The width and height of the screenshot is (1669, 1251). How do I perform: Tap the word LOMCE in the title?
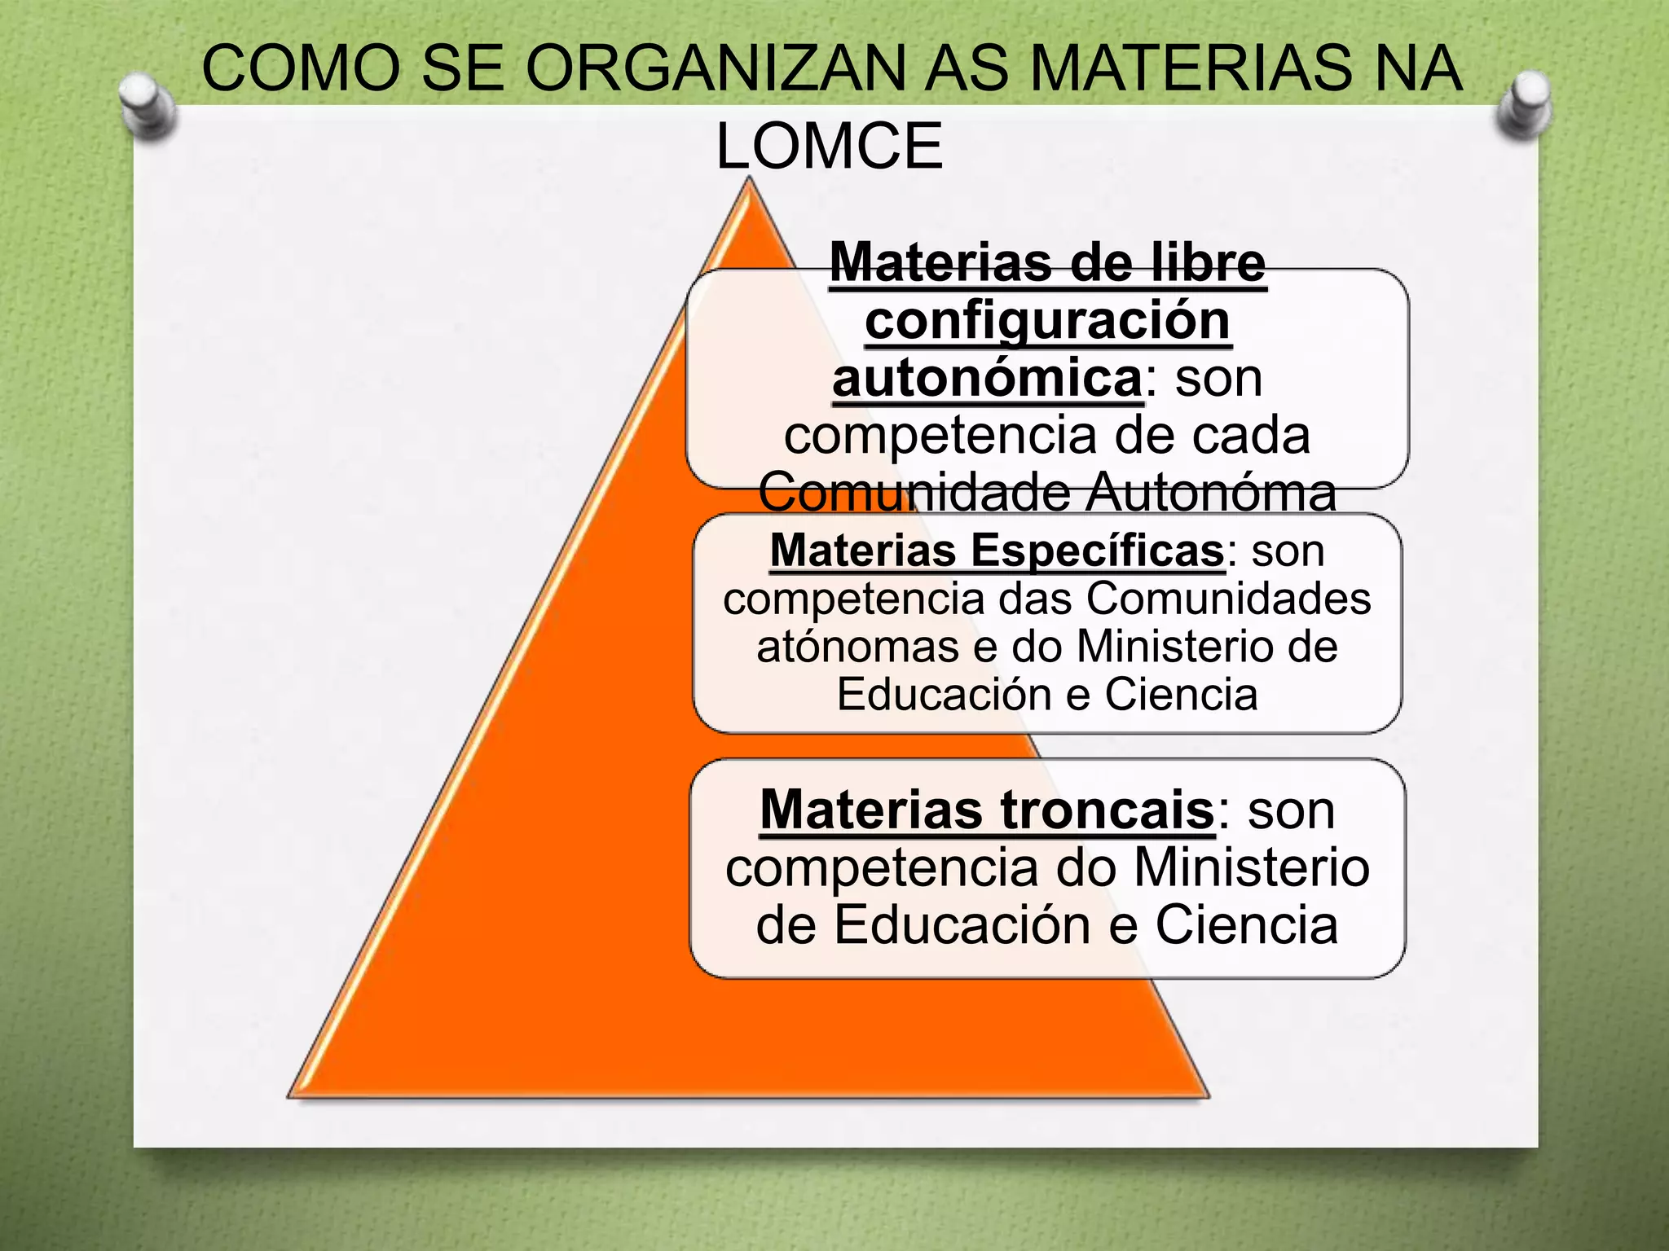[830, 147]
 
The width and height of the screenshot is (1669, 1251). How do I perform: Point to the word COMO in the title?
[302, 68]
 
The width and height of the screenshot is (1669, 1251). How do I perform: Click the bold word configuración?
[1047, 321]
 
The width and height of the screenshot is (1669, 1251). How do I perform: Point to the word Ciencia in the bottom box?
[1247, 924]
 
